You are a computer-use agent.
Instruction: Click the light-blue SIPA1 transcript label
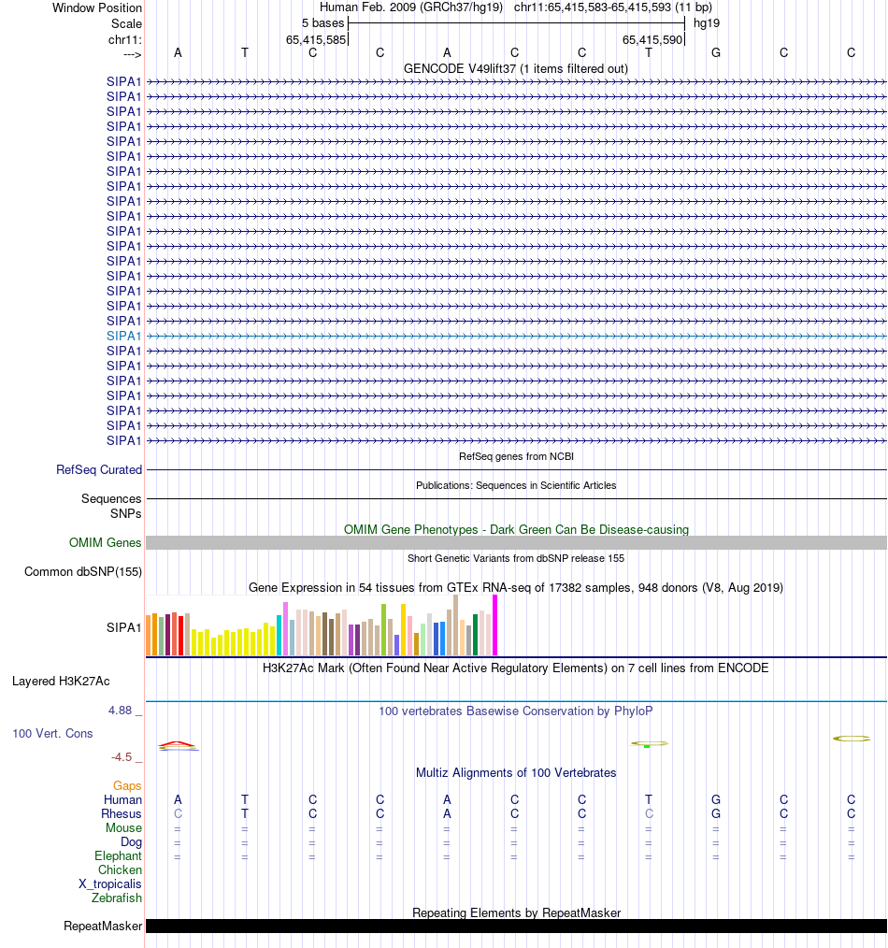click(x=124, y=336)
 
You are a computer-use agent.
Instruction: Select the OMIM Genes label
click(x=106, y=543)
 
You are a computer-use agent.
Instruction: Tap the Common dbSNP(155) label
click(x=83, y=572)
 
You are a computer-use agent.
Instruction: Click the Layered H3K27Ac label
click(x=61, y=682)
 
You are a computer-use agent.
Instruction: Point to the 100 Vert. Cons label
click(x=52, y=734)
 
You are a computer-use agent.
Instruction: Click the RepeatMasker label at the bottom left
click(x=103, y=926)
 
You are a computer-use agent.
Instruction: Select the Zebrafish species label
click(x=117, y=898)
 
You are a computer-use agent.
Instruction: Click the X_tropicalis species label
click(x=110, y=884)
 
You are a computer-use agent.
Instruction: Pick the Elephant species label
click(x=118, y=856)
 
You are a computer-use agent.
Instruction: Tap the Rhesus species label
click(x=122, y=814)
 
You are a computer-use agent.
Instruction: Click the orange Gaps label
click(x=127, y=786)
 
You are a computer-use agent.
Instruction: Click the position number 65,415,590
click(x=652, y=39)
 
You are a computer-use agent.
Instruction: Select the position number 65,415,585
click(x=316, y=39)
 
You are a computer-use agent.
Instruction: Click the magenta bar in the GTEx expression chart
click(x=495, y=625)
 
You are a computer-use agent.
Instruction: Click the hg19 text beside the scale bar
click(x=706, y=23)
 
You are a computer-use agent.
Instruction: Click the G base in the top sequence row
click(x=716, y=52)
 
